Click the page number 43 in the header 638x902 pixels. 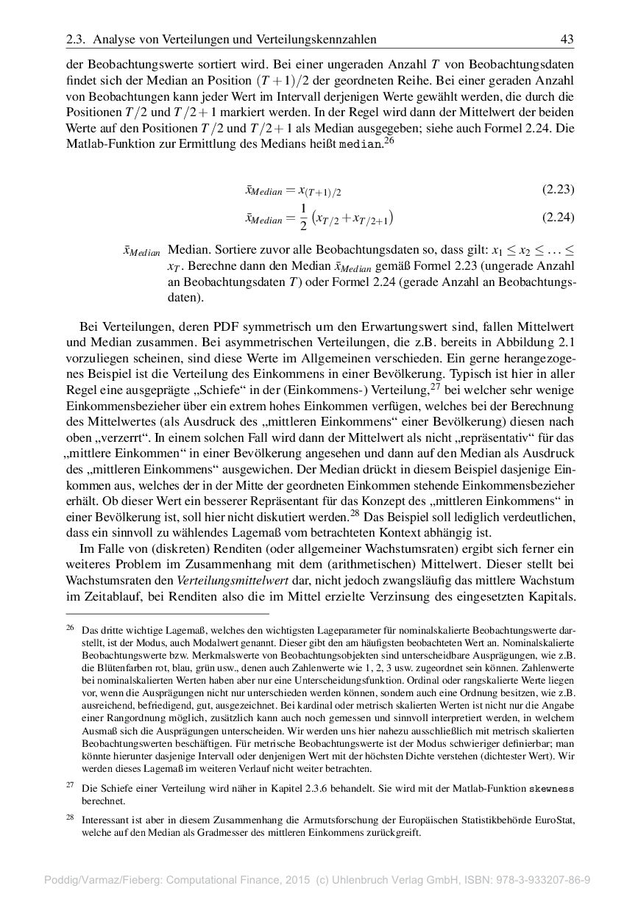pos(567,39)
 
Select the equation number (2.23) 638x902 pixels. pos(558,190)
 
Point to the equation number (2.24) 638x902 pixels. pos(558,217)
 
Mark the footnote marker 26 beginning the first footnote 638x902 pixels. pos(70,629)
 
